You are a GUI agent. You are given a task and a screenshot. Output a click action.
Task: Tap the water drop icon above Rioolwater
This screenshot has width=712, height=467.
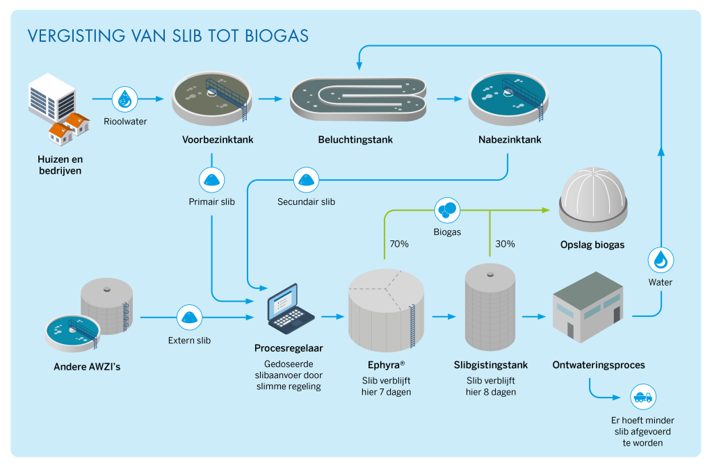[125, 99]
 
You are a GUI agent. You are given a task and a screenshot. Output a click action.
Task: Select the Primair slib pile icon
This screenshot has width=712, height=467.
[211, 180]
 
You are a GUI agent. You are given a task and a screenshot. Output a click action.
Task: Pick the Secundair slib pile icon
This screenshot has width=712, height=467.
[306, 180]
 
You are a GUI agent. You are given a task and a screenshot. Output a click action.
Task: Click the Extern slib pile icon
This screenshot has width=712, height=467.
[189, 317]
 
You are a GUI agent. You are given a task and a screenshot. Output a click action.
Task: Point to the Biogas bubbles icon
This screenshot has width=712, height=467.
[447, 210]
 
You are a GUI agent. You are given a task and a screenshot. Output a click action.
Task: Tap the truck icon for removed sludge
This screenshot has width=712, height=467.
[643, 397]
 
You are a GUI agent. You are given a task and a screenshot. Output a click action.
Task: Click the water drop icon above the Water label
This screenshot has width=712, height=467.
[661, 260]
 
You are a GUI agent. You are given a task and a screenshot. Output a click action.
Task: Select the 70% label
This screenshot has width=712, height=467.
[399, 244]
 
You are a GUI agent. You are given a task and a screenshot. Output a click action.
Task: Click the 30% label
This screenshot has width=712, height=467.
[505, 244]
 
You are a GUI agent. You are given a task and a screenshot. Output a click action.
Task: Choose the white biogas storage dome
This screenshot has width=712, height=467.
[593, 199]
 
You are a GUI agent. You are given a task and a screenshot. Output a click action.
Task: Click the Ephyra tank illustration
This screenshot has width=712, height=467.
[387, 311]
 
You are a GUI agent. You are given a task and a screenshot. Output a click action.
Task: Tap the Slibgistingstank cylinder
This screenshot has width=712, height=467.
[490, 307]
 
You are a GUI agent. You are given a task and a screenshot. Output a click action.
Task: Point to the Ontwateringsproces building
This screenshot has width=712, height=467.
[588, 308]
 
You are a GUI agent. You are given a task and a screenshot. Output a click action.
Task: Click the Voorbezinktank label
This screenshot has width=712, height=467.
[218, 140]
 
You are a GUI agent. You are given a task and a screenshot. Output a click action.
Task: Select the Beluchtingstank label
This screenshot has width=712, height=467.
[355, 140]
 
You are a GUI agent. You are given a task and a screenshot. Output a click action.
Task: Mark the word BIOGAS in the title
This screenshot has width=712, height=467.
[277, 36]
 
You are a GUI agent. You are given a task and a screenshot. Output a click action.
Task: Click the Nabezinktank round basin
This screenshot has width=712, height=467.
[508, 99]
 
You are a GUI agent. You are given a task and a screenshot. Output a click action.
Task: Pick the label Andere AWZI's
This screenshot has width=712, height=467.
[87, 367]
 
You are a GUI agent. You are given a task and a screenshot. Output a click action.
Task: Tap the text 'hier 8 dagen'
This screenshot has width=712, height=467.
[491, 392]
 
